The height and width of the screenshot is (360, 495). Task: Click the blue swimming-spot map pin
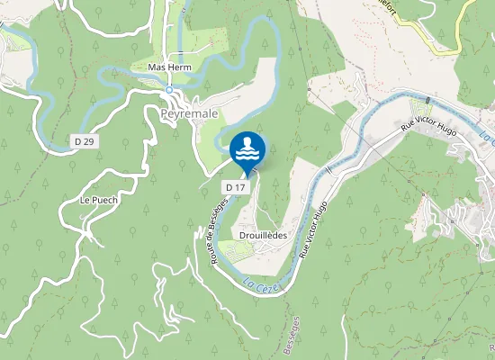click(x=247, y=151)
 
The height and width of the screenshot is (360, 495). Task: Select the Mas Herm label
click(x=170, y=67)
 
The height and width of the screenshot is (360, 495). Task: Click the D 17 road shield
click(x=235, y=186)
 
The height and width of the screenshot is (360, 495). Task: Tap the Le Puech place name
click(x=99, y=200)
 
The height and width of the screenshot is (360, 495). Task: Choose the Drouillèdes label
click(x=264, y=235)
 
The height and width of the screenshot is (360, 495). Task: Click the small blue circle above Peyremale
click(x=168, y=90)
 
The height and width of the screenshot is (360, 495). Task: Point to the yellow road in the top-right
click(x=454, y=40)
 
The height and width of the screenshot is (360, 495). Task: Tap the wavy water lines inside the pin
click(x=247, y=154)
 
